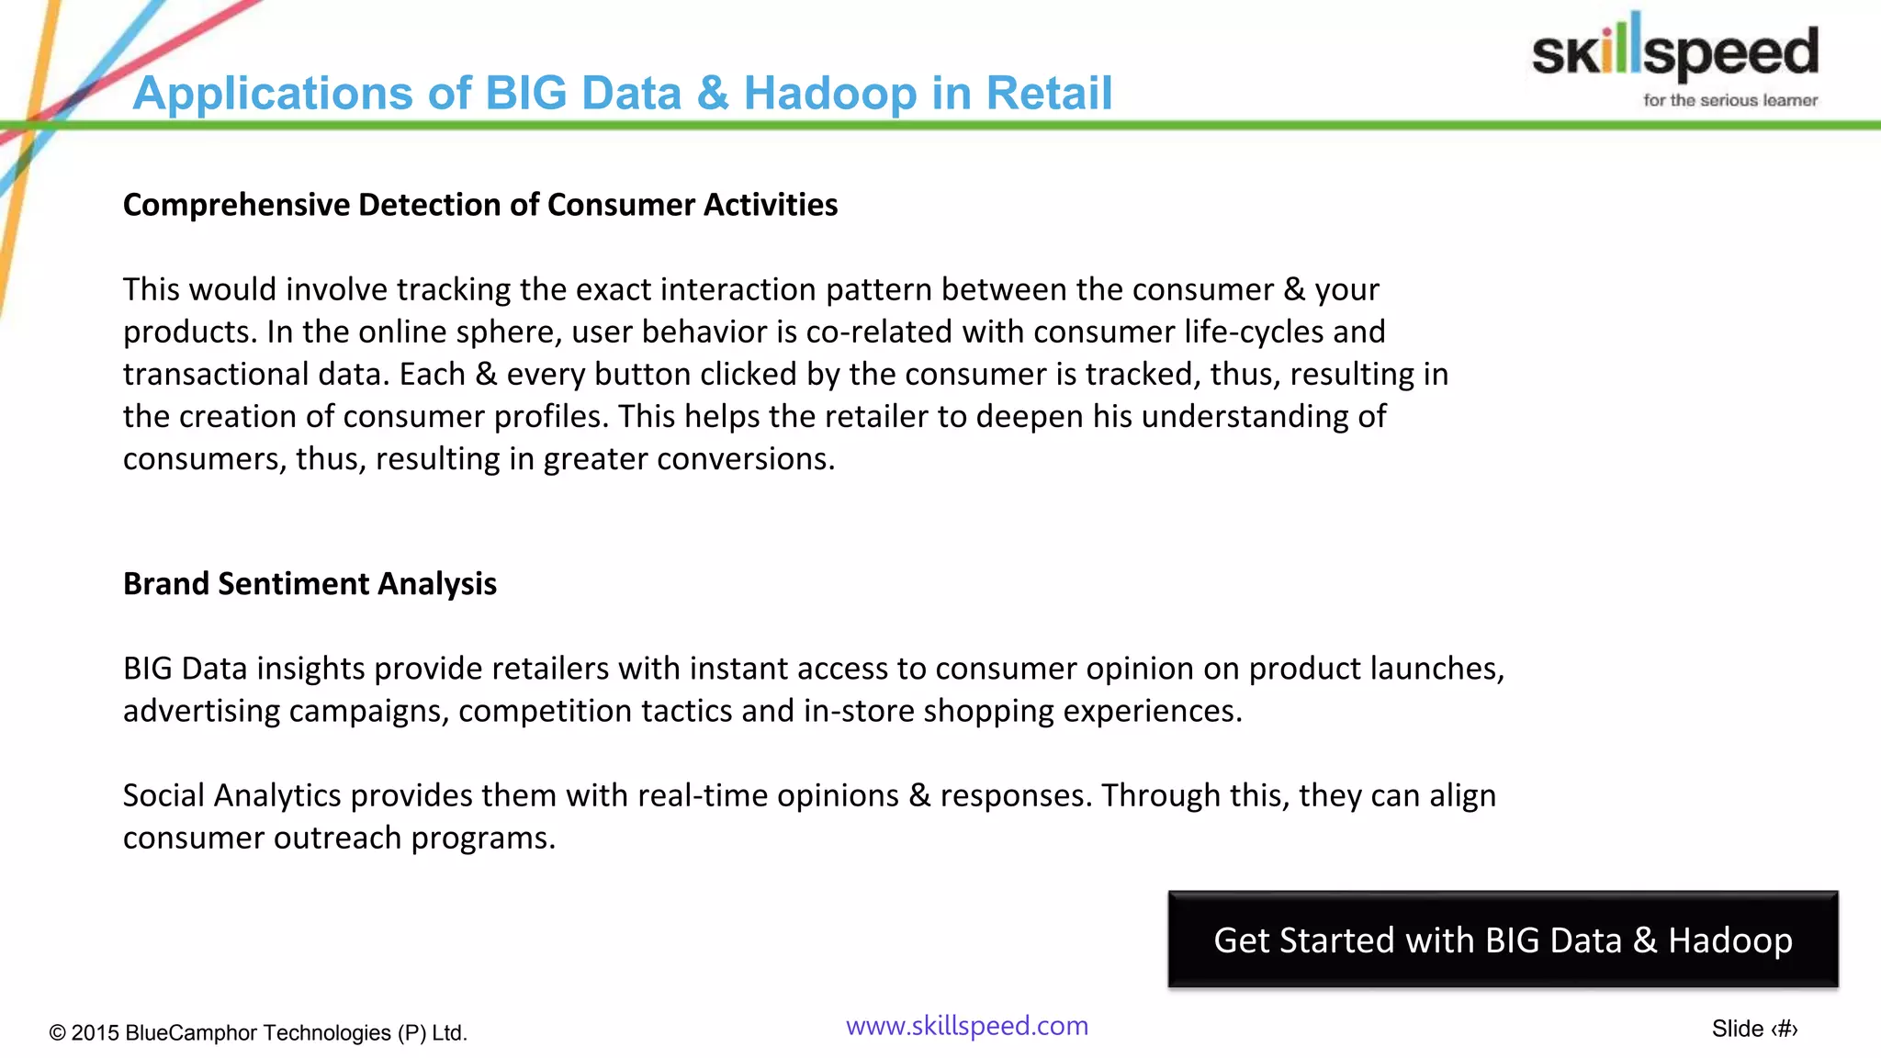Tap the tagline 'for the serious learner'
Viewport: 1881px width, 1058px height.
(x=1730, y=100)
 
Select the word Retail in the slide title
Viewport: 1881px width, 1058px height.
(x=1049, y=93)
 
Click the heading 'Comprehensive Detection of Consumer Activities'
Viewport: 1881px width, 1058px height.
(x=480, y=205)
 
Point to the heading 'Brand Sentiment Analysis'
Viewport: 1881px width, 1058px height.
(x=310, y=584)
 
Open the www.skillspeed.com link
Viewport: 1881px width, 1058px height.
(x=967, y=1026)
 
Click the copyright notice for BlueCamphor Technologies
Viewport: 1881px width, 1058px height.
(x=258, y=1033)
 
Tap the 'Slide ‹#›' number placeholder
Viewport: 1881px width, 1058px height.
(x=1754, y=1030)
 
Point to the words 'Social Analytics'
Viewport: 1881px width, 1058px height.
(x=231, y=795)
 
